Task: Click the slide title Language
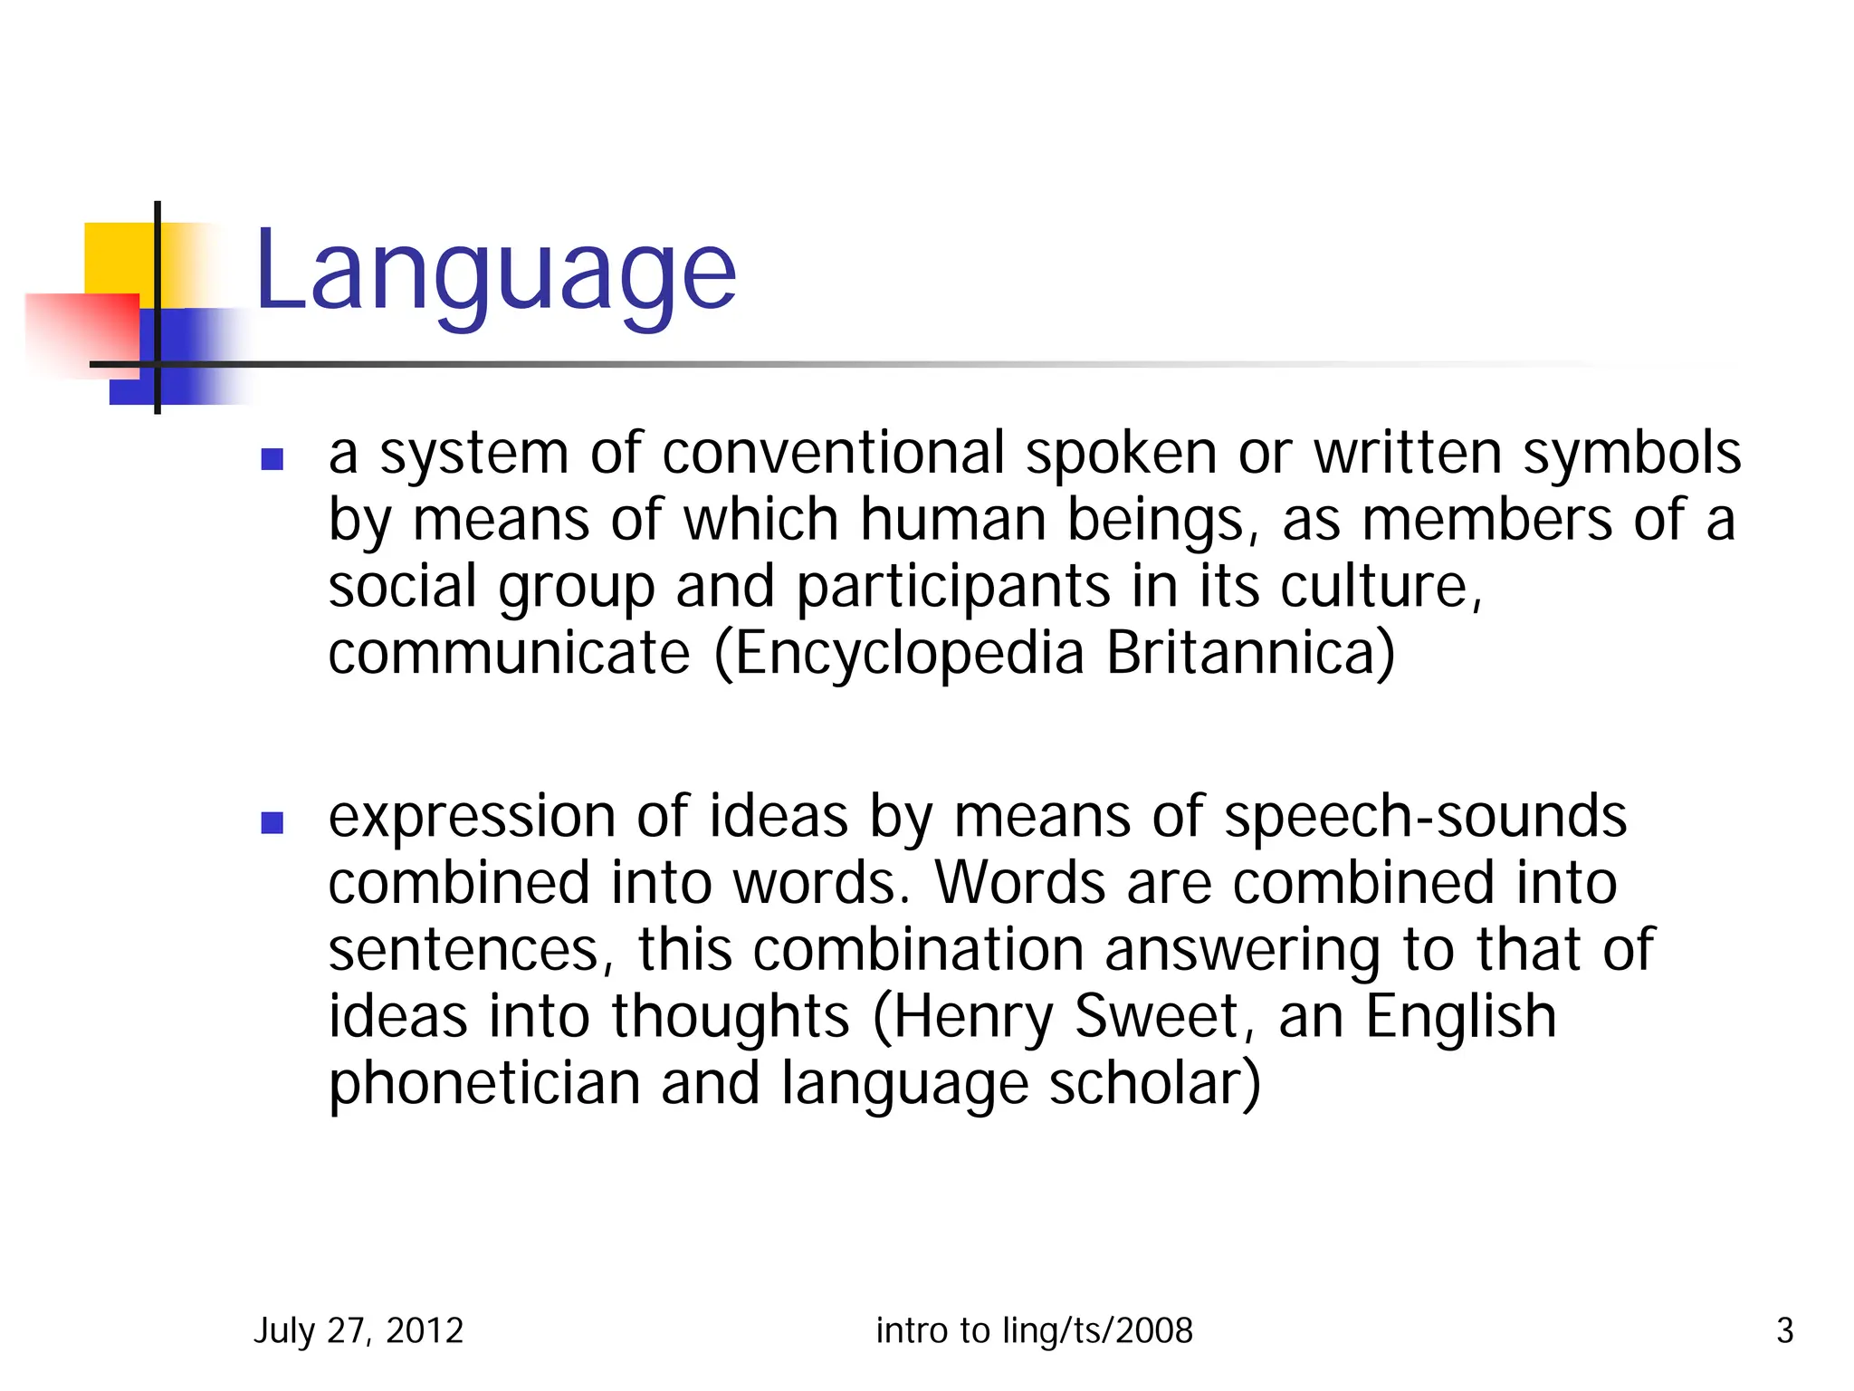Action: [495, 271]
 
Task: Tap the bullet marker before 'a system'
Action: [272, 460]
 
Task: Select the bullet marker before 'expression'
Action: [272, 822]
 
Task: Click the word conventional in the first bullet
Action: [833, 453]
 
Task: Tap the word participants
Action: [952, 587]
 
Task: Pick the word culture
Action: [1376, 587]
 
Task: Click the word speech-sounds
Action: [1425, 817]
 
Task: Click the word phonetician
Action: [484, 1085]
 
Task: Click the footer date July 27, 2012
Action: [358, 1331]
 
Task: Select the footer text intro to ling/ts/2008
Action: [1034, 1331]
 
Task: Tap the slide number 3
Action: [1784, 1331]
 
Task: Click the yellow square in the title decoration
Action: [118, 258]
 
